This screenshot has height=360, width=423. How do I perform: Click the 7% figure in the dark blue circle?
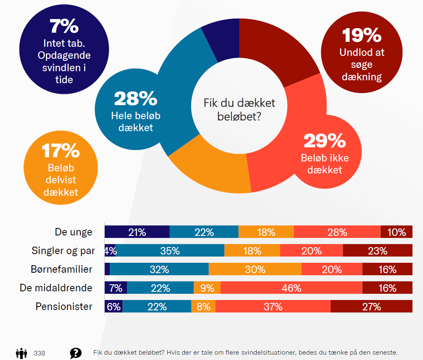click(64, 26)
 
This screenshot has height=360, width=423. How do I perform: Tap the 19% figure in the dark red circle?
click(362, 35)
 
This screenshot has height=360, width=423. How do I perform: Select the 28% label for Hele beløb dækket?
click(135, 98)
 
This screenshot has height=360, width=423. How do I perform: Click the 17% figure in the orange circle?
click(61, 151)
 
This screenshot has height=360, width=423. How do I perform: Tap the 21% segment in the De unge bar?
click(137, 232)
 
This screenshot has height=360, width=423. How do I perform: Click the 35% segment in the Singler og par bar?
click(170, 251)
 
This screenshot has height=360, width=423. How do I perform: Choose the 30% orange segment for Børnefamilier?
click(255, 269)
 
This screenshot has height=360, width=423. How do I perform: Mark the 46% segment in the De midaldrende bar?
click(291, 288)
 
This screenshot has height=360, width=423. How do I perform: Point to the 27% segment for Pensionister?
click(371, 307)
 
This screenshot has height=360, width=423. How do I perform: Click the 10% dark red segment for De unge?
click(397, 232)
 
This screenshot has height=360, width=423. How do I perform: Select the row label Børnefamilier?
click(61, 269)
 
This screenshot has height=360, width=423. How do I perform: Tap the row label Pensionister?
click(64, 307)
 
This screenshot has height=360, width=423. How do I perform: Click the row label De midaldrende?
click(56, 288)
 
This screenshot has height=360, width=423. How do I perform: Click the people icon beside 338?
click(22, 353)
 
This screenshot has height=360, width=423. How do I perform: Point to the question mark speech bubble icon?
click(76, 353)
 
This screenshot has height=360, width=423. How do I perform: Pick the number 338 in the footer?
click(40, 353)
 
